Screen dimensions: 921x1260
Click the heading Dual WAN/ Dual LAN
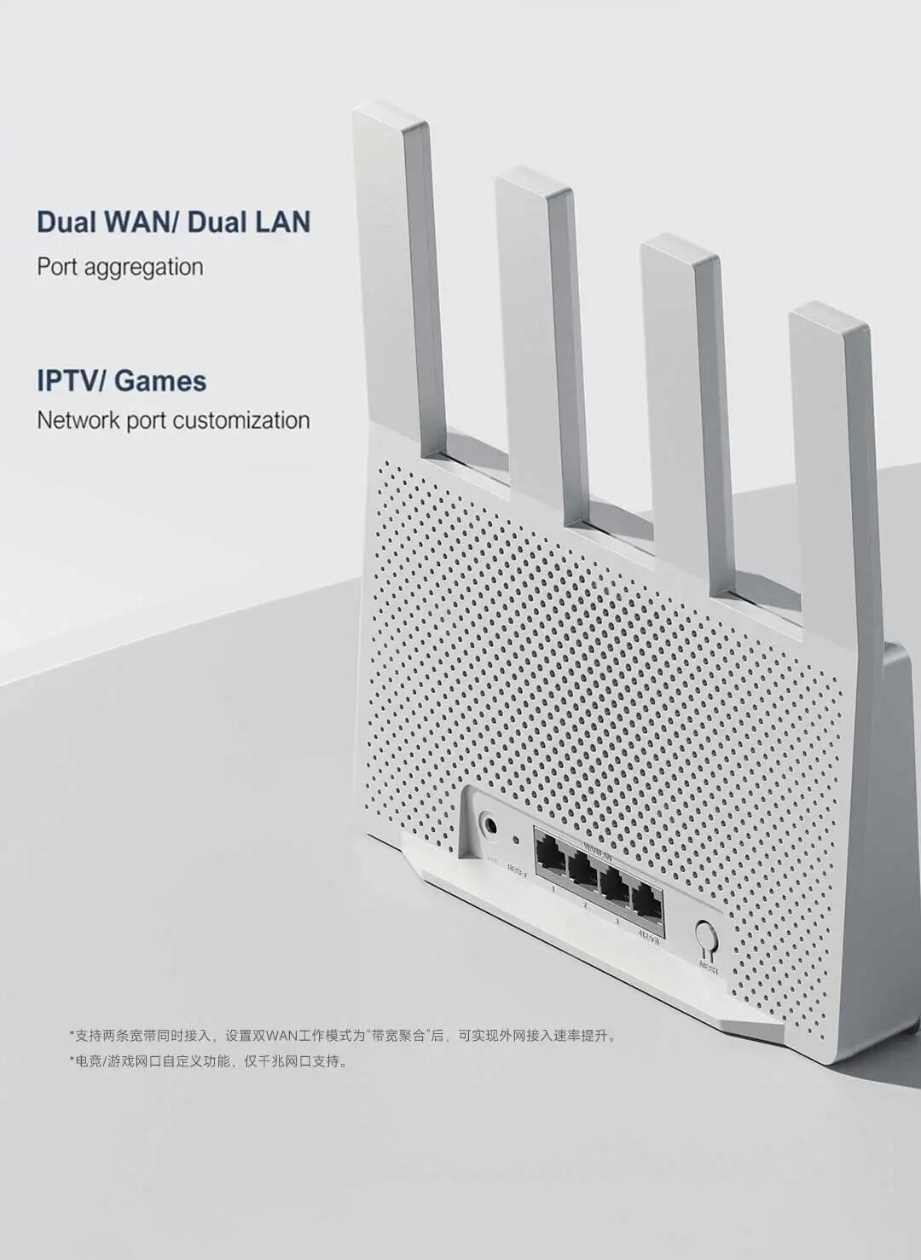pyautogui.click(x=173, y=222)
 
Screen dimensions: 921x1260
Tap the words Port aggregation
pyautogui.click(x=119, y=267)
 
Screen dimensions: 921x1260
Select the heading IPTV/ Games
pyautogui.click(x=121, y=380)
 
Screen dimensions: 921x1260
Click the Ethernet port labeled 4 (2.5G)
pyautogui.click(x=647, y=901)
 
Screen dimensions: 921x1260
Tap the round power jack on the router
pyautogui.click(x=490, y=825)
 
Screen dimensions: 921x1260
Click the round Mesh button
pyautogui.click(x=706, y=937)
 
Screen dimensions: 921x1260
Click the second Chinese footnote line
pyautogui.click(x=209, y=1062)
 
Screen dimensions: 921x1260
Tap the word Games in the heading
pyautogui.click(x=160, y=380)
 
